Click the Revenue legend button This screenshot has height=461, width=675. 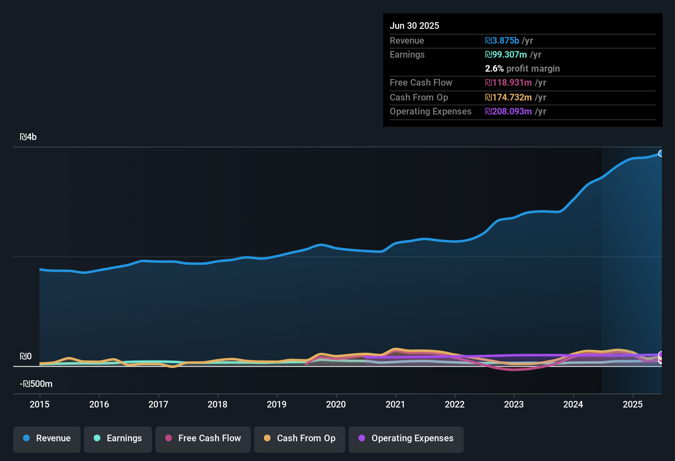coord(47,438)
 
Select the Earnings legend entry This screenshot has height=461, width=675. coord(118,438)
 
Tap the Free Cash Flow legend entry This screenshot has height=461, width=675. coord(203,438)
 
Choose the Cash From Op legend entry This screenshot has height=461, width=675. coord(300,438)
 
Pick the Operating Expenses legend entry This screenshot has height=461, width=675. coord(406,438)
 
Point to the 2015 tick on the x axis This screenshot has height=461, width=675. coord(39,404)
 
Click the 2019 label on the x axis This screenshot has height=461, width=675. coord(277,404)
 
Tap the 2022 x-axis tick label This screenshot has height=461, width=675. coord(455,404)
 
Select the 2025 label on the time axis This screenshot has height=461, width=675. coord(633,404)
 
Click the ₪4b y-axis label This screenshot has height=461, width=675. coord(28,137)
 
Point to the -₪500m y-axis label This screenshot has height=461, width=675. coord(36,384)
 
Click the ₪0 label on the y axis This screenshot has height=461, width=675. coord(25,356)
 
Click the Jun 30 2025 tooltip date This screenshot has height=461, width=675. coord(414,26)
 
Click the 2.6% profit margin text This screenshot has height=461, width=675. coord(522,69)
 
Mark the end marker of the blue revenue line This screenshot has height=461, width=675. coord(661,154)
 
